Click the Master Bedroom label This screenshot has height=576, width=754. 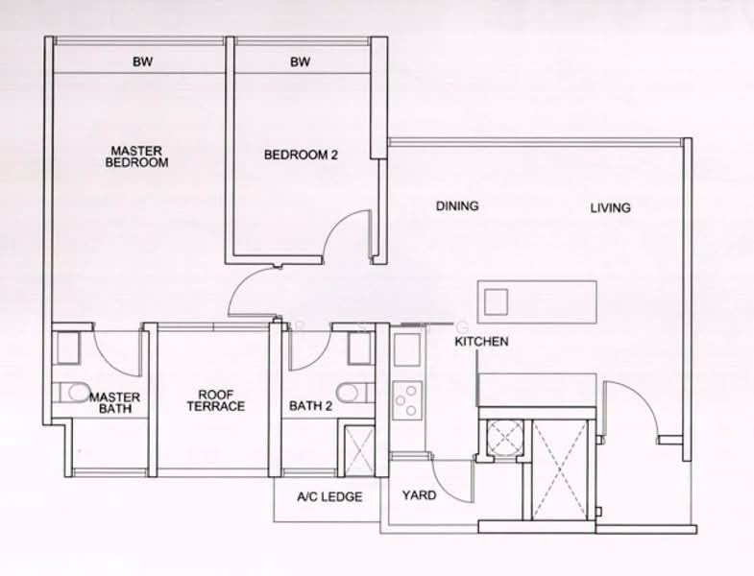[138, 156]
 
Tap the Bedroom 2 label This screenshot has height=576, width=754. [301, 155]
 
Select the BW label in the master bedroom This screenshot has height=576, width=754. [143, 63]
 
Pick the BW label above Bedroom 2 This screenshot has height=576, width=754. [301, 63]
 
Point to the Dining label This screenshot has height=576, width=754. [456, 206]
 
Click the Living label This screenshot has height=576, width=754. [611, 207]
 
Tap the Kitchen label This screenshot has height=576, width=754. [481, 342]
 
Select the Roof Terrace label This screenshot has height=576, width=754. [221, 400]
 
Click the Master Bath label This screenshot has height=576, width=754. [114, 403]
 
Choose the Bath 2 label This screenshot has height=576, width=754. [310, 406]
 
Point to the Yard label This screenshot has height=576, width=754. [419, 496]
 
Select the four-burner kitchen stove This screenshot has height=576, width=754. [406, 399]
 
